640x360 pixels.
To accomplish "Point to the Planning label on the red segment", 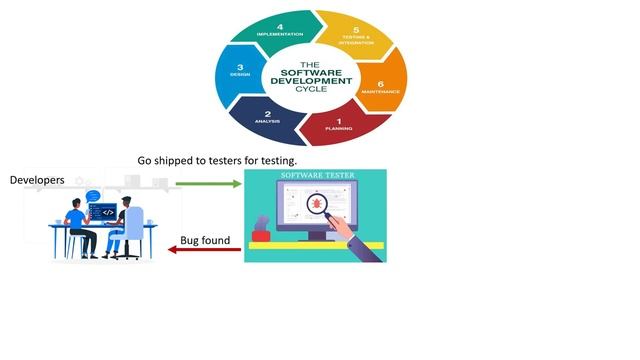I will tap(338, 129).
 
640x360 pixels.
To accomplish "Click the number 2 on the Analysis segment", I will tap(267, 113).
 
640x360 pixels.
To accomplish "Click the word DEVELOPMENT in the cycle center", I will tap(314, 82).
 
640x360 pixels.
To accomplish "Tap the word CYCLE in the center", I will tap(314, 91).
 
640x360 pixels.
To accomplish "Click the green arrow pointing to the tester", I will tap(208, 183).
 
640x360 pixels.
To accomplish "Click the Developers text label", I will tap(37, 180).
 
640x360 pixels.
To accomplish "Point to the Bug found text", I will tap(204, 240).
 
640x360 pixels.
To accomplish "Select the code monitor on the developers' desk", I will tap(102, 212).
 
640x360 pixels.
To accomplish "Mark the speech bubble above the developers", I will tap(93, 196).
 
